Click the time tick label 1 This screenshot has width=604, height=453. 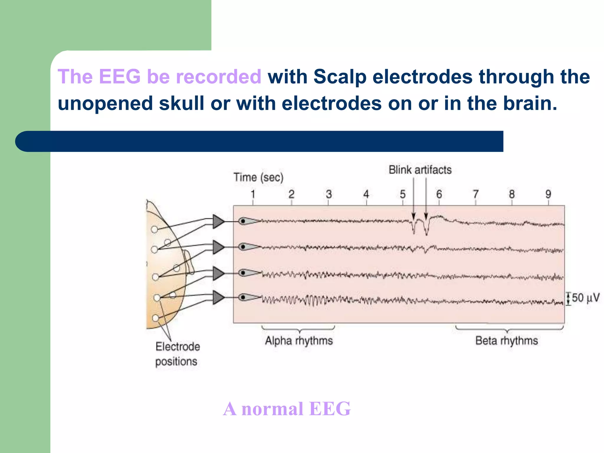253,194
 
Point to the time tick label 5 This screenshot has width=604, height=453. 403,194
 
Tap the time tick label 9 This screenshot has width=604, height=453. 548,194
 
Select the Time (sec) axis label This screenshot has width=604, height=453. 258,178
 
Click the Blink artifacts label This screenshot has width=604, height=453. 420,170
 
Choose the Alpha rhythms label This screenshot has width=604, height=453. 299,341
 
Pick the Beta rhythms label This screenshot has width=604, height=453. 506,341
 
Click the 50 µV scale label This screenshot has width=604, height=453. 585,298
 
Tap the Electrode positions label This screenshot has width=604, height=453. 177,354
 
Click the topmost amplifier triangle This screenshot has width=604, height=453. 218,221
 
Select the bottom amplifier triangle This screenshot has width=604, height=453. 218,297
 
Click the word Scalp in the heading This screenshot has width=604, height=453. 340,77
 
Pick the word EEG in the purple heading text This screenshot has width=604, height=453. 119,77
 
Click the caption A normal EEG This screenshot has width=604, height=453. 287,409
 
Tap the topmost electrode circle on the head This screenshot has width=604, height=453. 154,229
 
